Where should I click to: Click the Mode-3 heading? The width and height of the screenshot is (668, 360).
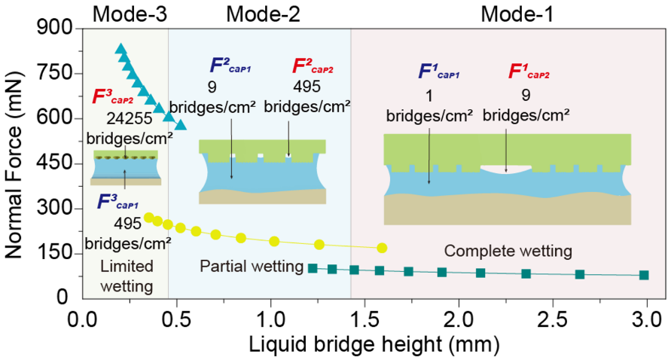point(130,14)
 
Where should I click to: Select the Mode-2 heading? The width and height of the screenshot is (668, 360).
point(263,14)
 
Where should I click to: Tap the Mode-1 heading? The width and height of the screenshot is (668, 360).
point(517,14)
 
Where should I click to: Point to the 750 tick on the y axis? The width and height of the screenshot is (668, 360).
point(56,72)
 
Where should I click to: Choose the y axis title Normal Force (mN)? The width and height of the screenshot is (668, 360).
point(14,165)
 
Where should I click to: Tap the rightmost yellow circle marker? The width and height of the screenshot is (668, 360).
point(382,248)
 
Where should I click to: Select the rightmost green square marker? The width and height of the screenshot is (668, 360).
point(644,275)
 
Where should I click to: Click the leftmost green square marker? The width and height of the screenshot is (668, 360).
point(313,268)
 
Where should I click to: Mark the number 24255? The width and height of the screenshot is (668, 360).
point(129,118)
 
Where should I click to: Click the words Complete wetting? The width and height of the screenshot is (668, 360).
point(508,251)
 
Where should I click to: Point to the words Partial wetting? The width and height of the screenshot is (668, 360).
point(252,267)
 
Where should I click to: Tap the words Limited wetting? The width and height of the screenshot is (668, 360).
point(127,276)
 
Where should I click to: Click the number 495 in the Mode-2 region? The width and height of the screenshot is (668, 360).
point(307,87)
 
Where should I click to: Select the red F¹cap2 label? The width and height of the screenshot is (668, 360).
point(529,72)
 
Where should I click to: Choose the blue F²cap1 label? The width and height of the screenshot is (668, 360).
point(230,66)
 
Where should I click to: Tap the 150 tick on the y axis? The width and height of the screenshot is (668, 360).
point(56,252)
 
